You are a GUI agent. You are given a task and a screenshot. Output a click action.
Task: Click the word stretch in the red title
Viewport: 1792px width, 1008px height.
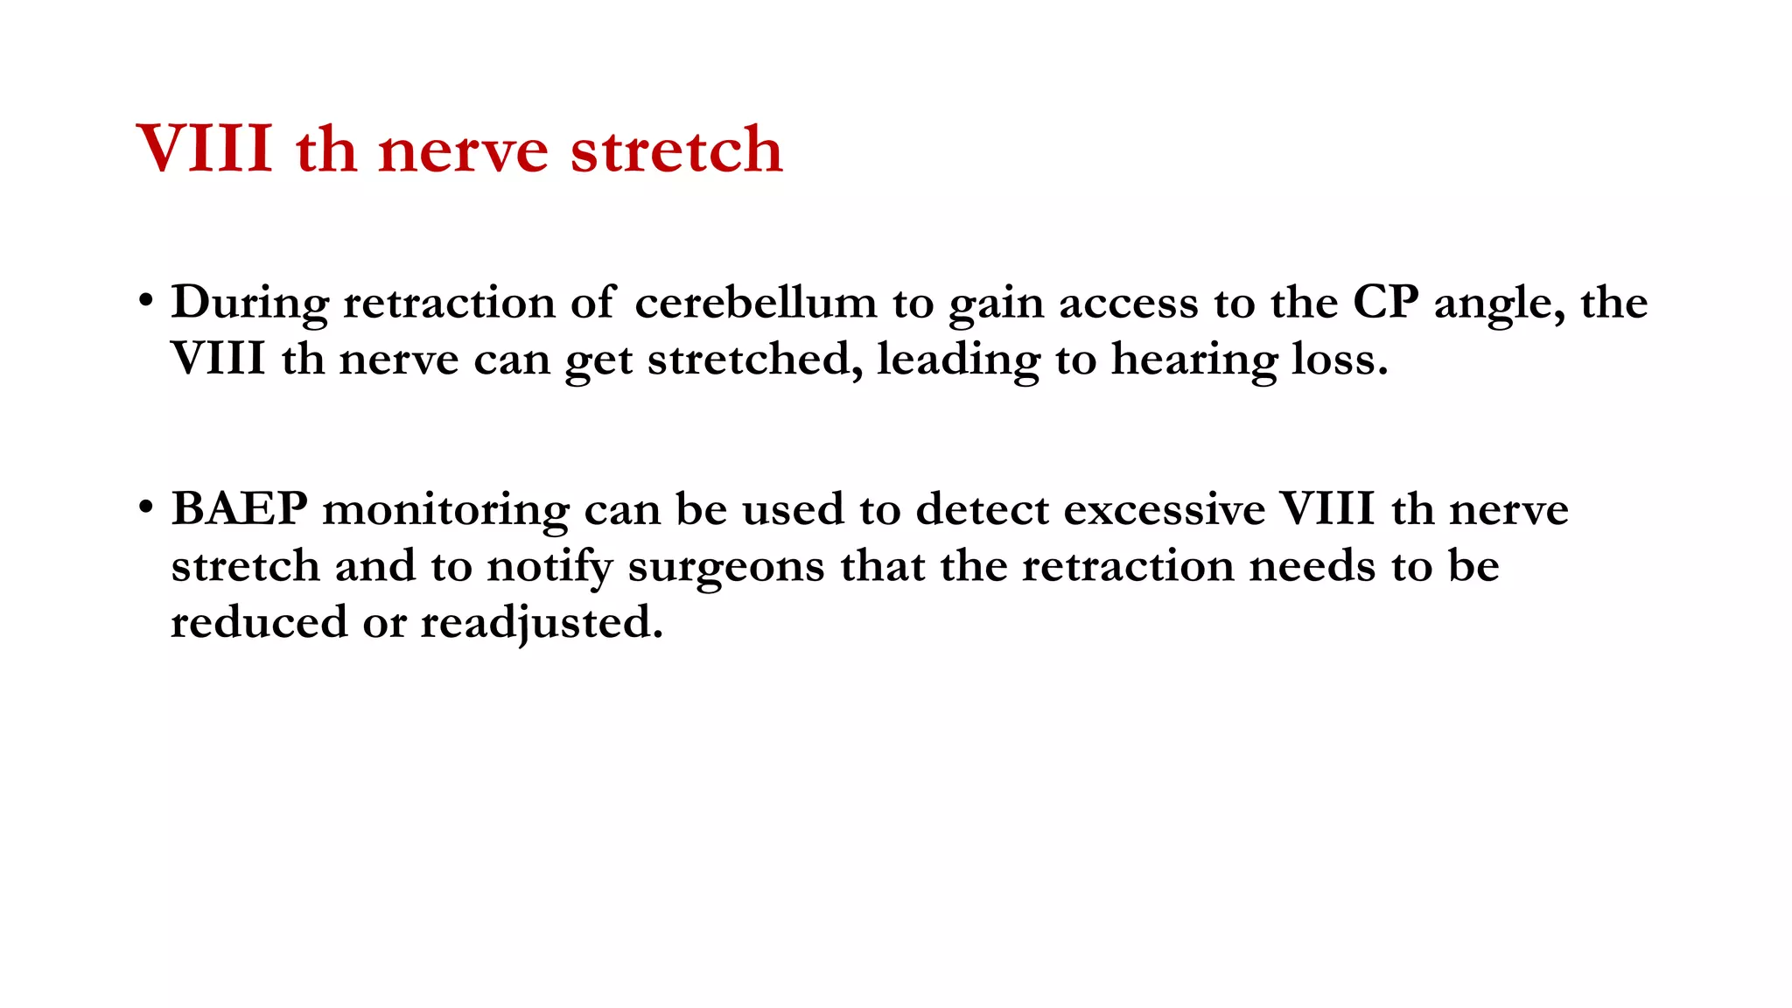click(675, 150)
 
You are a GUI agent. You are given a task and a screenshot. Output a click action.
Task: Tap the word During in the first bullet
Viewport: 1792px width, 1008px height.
click(249, 303)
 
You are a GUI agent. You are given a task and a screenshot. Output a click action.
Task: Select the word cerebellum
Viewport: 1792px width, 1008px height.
click(755, 303)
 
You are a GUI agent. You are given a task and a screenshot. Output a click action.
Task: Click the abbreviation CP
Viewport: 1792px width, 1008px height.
click(1385, 303)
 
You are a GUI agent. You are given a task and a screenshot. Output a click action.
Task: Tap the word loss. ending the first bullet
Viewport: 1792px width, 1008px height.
click(1340, 359)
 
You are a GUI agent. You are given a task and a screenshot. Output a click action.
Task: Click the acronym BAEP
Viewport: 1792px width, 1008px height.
click(239, 508)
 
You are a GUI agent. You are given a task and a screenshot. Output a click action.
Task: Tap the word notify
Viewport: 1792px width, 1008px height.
click(549, 566)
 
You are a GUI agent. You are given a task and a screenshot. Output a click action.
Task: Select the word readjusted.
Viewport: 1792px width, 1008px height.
click(542, 623)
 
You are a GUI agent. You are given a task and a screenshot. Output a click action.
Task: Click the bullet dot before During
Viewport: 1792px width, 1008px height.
click(146, 301)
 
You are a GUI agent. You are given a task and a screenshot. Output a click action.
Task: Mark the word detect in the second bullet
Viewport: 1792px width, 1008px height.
click(982, 509)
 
